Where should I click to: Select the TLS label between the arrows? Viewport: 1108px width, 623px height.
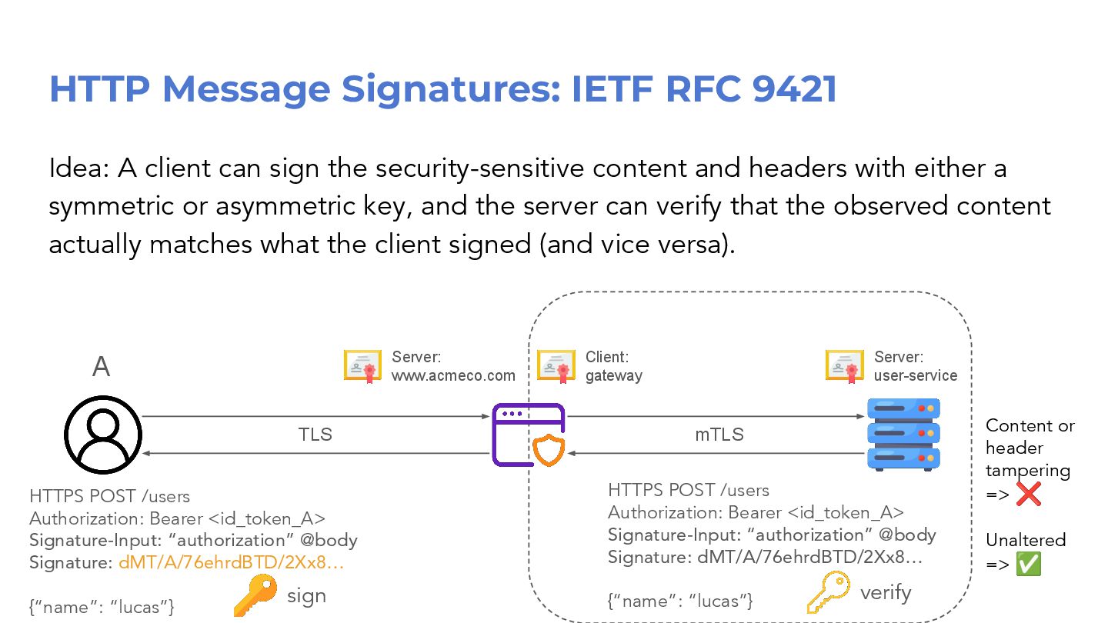pyautogui.click(x=315, y=435)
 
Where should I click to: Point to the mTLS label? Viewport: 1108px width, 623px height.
pyautogui.click(x=719, y=435)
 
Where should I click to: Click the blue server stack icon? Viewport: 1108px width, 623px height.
pyautogui.click(x=903, y=435)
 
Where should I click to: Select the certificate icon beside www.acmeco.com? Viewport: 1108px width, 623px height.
pyautogui.click(x=362, y=365)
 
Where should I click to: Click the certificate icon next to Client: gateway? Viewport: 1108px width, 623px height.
pyautogui.click(x=556, y=365)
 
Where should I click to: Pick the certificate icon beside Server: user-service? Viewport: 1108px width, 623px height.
pyautogui.click(x=845, y=365)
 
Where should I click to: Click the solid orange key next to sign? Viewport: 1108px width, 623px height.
pyautogui.click(x=255, y=596)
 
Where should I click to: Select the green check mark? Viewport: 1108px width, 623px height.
pyautogui.click(x=1028, y=565)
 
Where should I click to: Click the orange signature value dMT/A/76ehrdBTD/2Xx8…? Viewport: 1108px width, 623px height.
pyautogui.click(x=231, y=562)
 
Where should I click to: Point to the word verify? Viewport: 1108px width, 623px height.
pyautogui.click(x=886, y=593)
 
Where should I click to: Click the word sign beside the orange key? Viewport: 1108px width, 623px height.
pyautogui.click(x=306, y=596)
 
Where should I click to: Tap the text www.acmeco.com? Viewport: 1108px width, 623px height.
pyautogui.click(x=453, y=375)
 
